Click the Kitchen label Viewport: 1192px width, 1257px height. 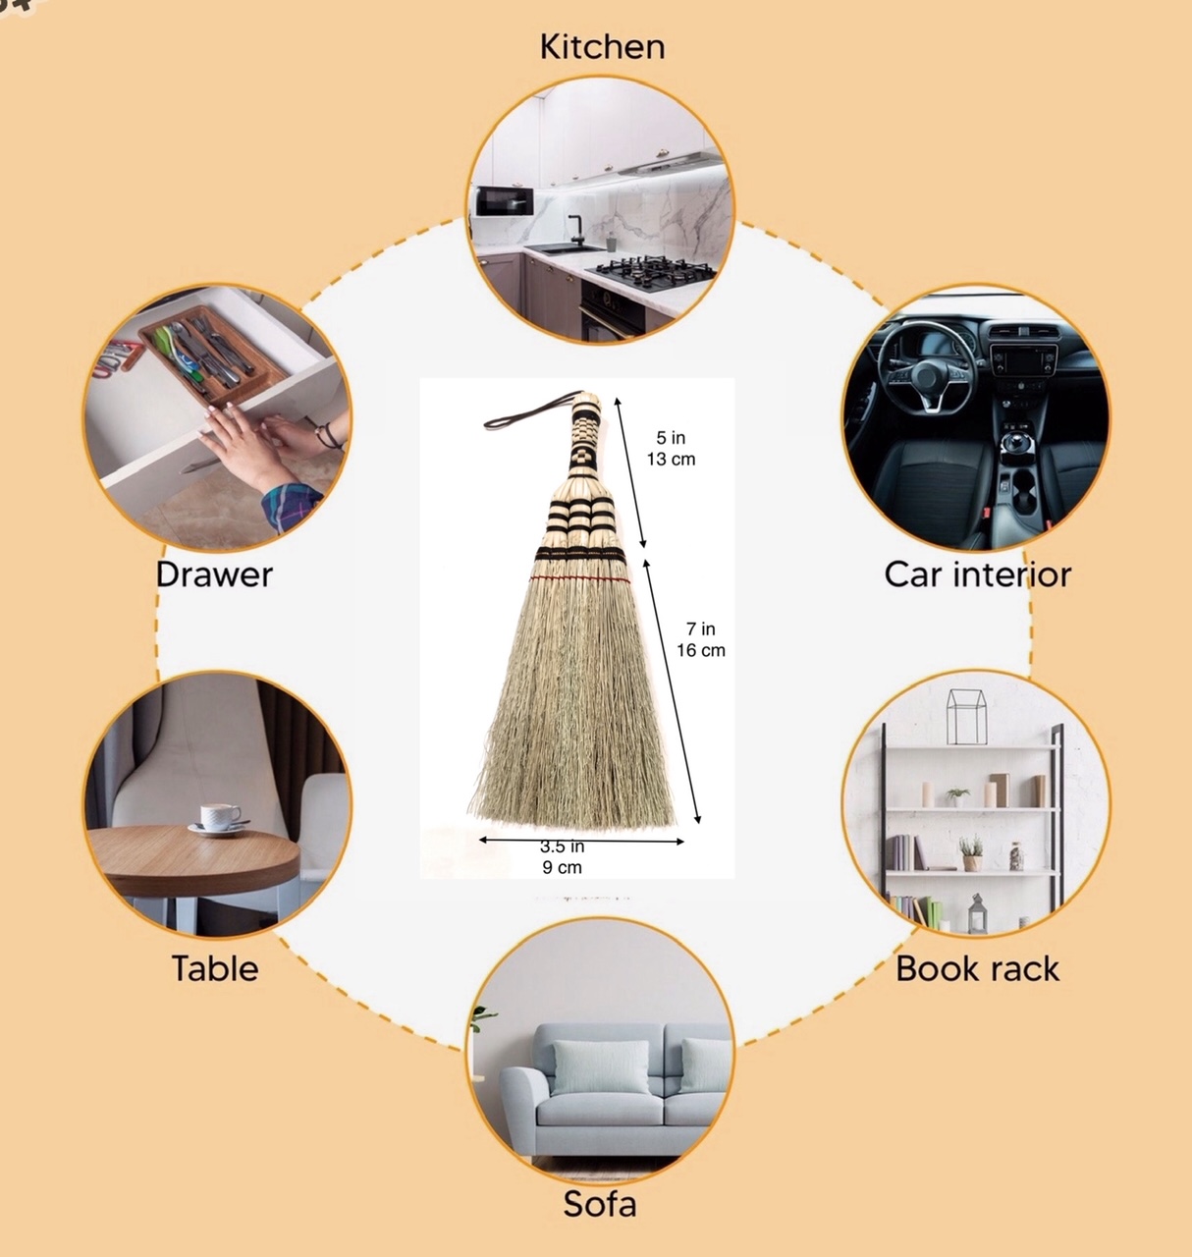(603, 47)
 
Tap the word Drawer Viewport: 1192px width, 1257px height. (214, 574)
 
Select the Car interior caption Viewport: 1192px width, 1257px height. (977, 574)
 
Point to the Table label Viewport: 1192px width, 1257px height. (215, 967)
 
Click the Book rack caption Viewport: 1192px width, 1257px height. (977, 968)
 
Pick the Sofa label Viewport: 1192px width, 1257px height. (600, 1204)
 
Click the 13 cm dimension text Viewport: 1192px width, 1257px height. (671, 459)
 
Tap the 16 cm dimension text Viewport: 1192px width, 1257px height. (701, 650)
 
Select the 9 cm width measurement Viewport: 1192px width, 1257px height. (562, 867)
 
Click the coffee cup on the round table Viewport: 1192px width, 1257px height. (219, 818)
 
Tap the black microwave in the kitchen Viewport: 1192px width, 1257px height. (505, 200)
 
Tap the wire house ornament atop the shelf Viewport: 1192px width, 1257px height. (966, 716)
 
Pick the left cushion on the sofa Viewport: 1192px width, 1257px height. (601, 1066)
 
